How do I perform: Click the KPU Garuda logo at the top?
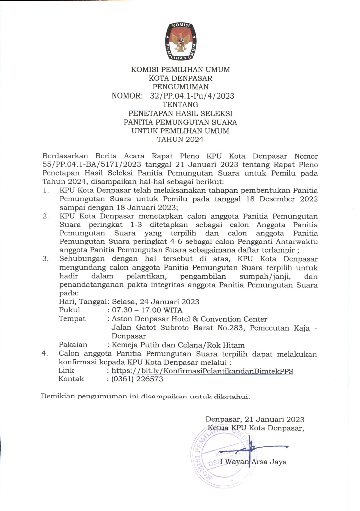point(181,41)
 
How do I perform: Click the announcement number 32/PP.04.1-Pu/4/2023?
point(192,96)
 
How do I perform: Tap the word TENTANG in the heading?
point(180,104)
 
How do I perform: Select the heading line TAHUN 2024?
point(180,139)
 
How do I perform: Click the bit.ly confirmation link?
point(202,371)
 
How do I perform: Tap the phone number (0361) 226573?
point(137,379)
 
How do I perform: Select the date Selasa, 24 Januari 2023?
point(156,302)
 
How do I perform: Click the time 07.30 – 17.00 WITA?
point(147,310)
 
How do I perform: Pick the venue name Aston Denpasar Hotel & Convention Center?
point(189,319)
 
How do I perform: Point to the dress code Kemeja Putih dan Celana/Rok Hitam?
point(178,345)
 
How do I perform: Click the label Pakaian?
point(73,345)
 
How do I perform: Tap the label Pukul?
point(69,310)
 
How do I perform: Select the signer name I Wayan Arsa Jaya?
point(253,462)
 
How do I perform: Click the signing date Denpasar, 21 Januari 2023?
point(255,419)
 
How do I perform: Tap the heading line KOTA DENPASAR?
point(180,78)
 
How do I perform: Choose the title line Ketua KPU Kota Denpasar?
point(256,428)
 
